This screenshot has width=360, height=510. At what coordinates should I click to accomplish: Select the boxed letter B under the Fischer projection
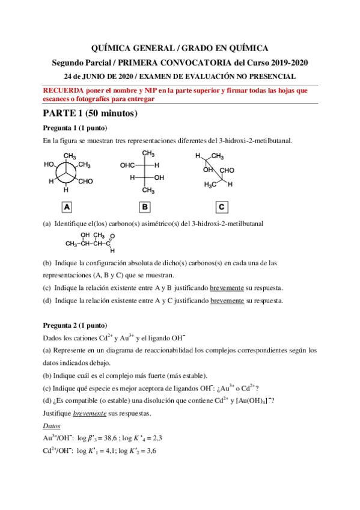coord(145,207)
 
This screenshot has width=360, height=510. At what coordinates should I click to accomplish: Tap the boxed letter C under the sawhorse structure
coord(222,207)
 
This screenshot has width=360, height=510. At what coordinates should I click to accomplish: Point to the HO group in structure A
coord(49,164)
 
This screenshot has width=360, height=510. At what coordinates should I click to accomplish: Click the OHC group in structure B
coord(127,165)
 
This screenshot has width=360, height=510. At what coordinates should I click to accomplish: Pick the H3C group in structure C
coord(210,184)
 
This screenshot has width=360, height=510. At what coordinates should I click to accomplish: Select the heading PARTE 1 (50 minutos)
coord(90,113)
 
